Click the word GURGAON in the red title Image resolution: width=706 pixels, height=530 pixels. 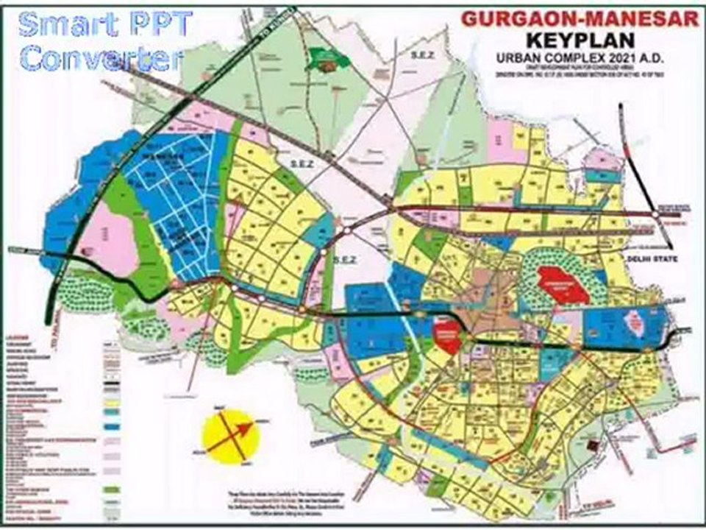click(x=515, y=19)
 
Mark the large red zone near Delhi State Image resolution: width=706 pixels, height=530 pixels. click(x=563, y=283)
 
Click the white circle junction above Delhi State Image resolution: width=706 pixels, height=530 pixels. click(x=653, y=213)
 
